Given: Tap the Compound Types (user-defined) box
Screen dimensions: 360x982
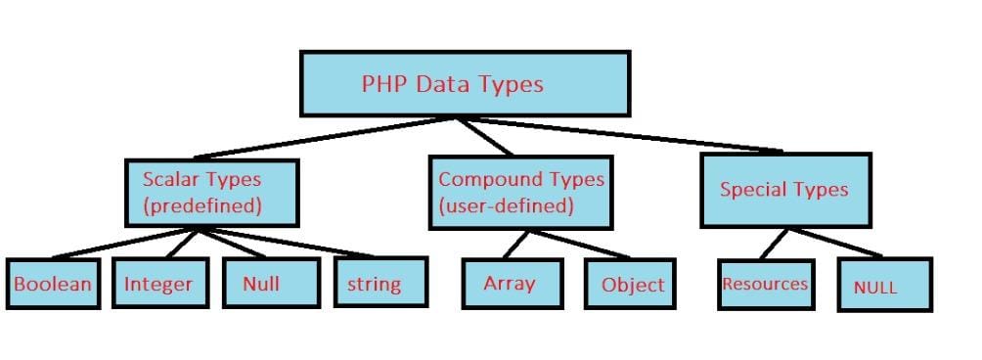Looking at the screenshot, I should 520,192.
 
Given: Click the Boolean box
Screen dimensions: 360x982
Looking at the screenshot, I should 53,285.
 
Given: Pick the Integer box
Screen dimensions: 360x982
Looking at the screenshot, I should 158,285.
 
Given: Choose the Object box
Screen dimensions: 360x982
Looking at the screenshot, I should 632,285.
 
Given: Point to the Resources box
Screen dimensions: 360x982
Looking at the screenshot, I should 765,285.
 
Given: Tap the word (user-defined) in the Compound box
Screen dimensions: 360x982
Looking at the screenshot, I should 506,206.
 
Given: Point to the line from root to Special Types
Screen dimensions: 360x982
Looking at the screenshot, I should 626,134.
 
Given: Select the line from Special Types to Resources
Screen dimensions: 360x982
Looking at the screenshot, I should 774,244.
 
